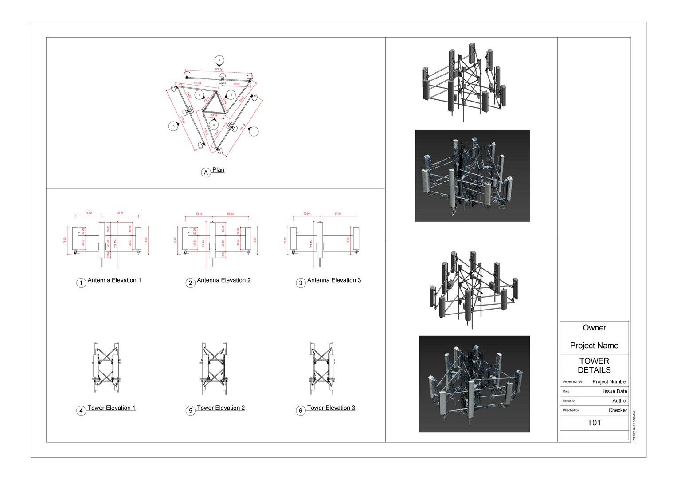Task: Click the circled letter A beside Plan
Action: (x=206, y=173)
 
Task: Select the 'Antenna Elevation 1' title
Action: (x=114, y=280)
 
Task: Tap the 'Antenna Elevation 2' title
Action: (x=223, y=280)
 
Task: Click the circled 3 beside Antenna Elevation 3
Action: (x=301, y=283)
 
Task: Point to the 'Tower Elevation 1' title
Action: (x=111, y=408)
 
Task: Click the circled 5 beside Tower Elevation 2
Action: (x=191, y=411)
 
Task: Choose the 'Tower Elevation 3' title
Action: (x=331, y=408)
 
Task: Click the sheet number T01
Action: (x=594, y=423)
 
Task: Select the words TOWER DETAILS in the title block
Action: (x=594, y=365)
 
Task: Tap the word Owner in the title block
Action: (x=594, y=328)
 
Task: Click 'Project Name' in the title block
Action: (x=594, y=346)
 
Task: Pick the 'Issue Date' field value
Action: (x=615, y=391)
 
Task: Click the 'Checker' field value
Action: (x=618, y=410)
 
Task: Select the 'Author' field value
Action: (x=619, y=400)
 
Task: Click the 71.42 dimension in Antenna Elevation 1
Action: (x=89, y=213)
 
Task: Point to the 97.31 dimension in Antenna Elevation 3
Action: (x=338, y=214)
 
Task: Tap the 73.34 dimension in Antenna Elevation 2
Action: (x=199, y=214)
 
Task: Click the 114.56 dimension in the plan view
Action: (x=197, y=83)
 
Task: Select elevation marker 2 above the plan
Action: (x=219, y=60)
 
